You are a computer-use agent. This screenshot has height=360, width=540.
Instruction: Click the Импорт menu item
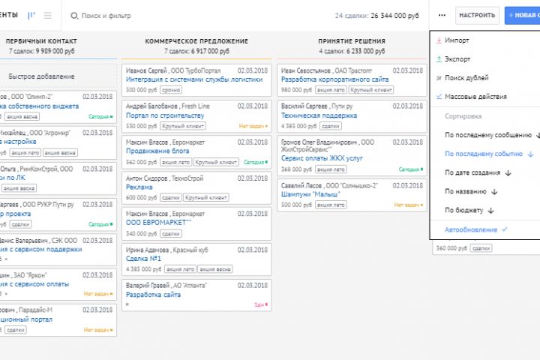point(457,40)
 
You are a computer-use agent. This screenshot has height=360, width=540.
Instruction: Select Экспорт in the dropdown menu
point(459,58)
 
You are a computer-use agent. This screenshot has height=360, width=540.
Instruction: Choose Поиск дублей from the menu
point(466,77)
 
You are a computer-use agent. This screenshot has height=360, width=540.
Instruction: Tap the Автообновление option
point(471,229)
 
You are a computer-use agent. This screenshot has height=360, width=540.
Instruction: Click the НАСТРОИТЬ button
point(477,15)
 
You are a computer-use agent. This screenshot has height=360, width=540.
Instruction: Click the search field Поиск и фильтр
point(102,15)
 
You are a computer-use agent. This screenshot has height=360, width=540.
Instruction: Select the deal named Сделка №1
point(144,259)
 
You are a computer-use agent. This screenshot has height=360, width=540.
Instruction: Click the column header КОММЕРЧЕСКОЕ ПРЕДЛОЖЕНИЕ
point(196,41)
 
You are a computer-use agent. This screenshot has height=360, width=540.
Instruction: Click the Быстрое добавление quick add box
point(41,76)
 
